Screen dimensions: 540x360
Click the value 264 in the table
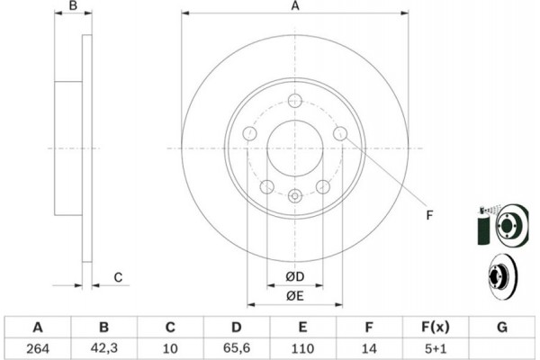38,348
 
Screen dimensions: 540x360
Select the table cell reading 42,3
104,348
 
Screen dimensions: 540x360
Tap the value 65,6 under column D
237,348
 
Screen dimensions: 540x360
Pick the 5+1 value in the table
436,348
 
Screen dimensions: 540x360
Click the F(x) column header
436,327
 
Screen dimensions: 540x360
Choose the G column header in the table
502,327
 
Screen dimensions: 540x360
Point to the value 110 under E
302,348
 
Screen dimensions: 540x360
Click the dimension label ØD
295,276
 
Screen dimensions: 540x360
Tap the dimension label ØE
295,296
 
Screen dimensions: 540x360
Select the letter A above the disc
295,6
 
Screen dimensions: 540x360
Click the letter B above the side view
73,6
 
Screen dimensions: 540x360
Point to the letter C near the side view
118,277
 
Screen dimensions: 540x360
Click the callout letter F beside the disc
429,215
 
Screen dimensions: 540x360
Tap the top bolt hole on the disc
295,101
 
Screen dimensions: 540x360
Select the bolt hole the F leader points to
340,133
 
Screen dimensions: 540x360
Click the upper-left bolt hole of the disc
249,133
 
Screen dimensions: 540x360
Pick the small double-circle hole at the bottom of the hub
295,196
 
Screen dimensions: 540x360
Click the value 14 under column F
369,348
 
